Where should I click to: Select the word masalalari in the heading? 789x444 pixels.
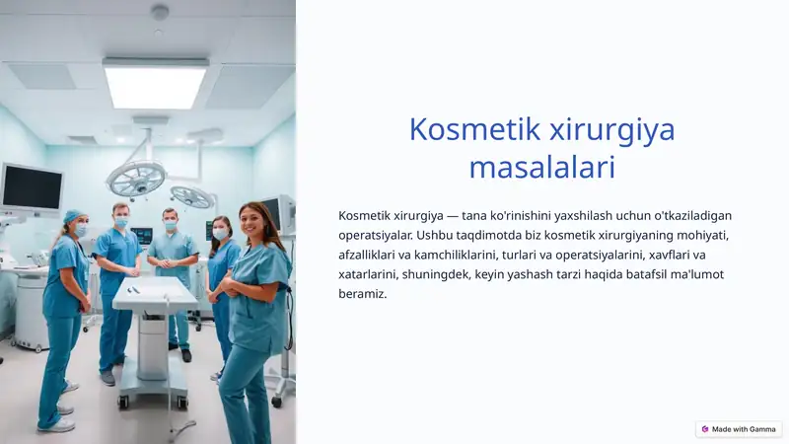pyautogui.click(x=541, y=167)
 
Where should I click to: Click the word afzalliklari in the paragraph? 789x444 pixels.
pyautogui.click(x=370, y=255)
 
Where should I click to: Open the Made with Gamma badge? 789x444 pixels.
pyautogui.click(x=738, y=429)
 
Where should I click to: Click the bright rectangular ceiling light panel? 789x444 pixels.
pyautogui.click(x=156, y=84)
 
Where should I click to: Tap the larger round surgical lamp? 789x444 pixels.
pyautogui.click(x=136, y=179)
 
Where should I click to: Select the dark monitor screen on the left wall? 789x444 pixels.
pyautogui.click(x=32, y=186)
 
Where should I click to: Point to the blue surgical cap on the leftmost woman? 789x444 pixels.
pyautogui.click(x=73, y=216)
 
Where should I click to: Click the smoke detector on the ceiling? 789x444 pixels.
pyautogui.click(x=160, y=12)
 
